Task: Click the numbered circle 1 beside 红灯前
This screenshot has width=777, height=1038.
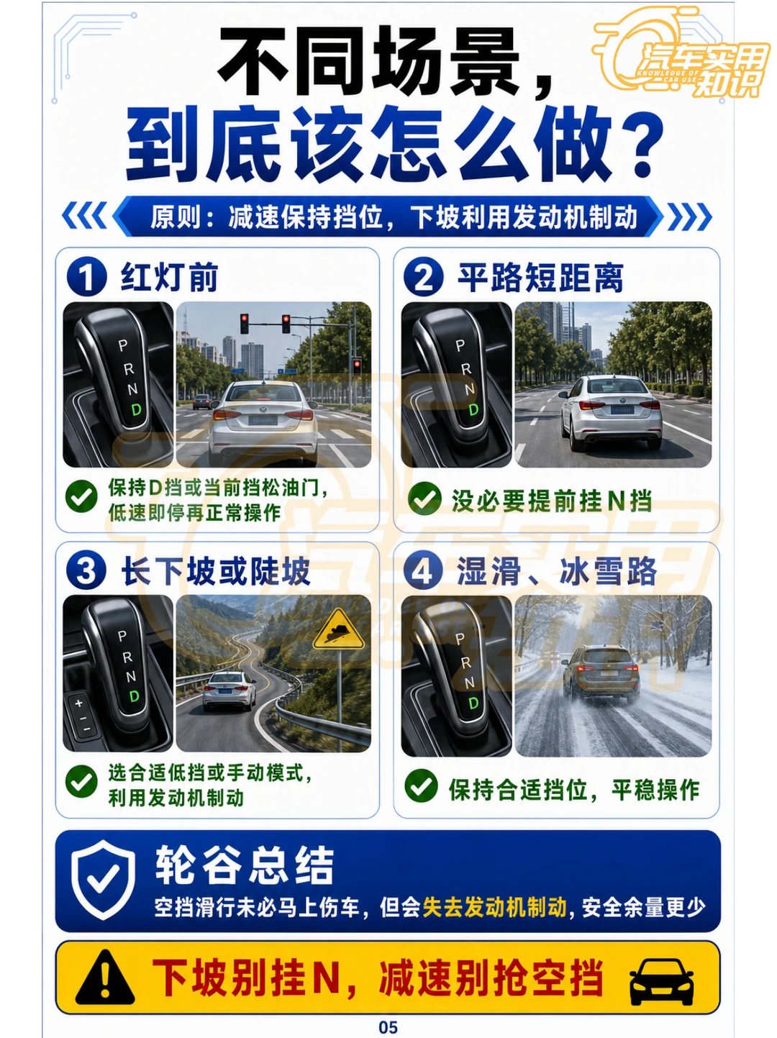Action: [x=86, y=277]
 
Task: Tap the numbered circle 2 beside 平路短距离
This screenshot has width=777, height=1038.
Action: [x=424, y=277]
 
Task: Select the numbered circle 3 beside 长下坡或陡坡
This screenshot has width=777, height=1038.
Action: [x=86, y=570]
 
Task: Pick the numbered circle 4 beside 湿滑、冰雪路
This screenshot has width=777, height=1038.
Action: [x=423, y=570]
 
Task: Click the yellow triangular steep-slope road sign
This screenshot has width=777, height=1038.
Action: [x=339, y=630]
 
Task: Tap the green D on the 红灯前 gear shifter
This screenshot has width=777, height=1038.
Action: [x=136, y=409]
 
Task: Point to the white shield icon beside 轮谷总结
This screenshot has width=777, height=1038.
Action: [x=103, y=880]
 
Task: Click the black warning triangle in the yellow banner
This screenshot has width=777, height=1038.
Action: [x=105, y=978]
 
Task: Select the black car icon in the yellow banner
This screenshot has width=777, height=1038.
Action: [x=662, y=981]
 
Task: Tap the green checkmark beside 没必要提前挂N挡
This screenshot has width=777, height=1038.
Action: [x=424, y=498]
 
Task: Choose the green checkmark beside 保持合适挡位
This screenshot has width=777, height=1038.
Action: [x=421, y=786]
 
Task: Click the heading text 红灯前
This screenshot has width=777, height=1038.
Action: [x=169, y=277]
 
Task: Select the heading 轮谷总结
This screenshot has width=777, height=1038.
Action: [x=245, y=865]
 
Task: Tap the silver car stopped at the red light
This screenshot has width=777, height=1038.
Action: [x=263, y=422]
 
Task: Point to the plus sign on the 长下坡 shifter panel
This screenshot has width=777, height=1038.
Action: [x=78, y=704]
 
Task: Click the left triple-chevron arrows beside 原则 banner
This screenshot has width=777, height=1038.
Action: [x=84, y=216]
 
